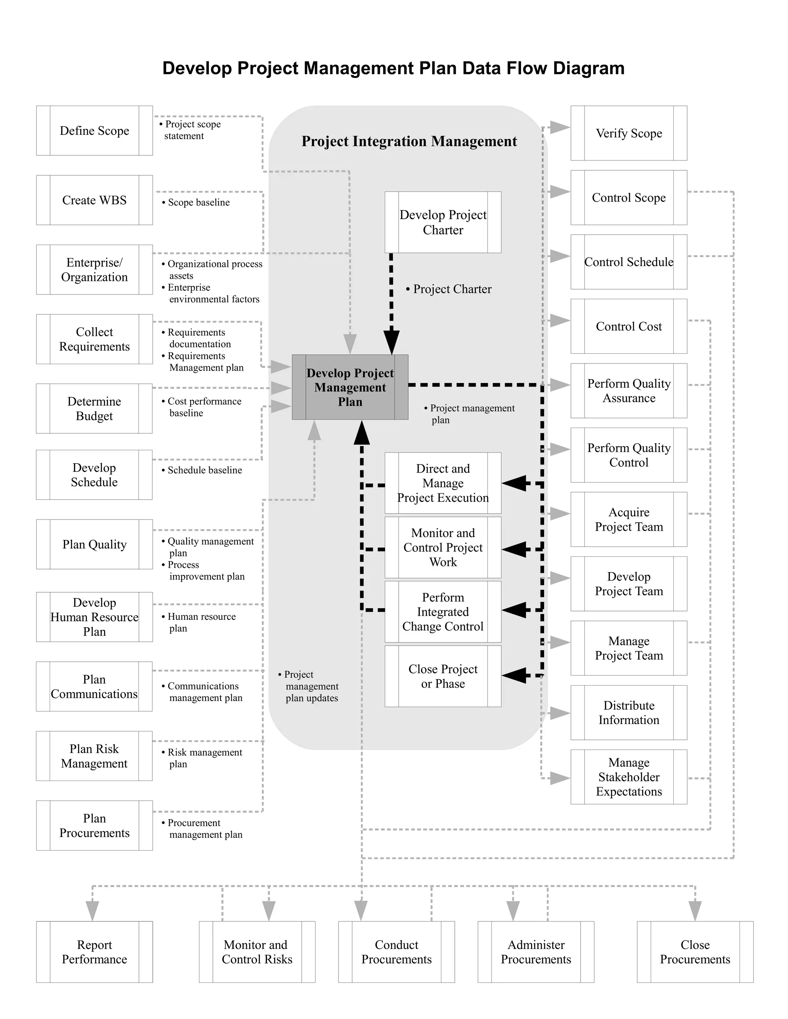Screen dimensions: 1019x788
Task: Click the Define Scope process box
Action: pyautogui.click(x=94, y=131)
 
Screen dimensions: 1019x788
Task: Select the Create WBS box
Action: pyautogui.click(x=94, y=200)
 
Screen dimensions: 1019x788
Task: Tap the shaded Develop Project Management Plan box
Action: pyautogui.click(x=350, y=387)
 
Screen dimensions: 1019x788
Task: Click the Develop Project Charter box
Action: pyautogui.click(x=442, y=223)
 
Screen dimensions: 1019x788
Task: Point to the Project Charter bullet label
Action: pyautogui.click(x=449, y=289)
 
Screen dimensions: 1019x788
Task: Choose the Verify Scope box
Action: pyautogui.click(x=628, y=133)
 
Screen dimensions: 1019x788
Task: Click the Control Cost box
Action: pyautogui.click(x=628, y=326)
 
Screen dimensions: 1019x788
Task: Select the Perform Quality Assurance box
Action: pyautogui.click(x=628, y=391)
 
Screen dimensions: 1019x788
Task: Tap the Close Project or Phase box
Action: pyautogui.click(x=442, y=676)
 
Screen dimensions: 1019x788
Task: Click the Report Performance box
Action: pyautogui.click(x=94, y=952)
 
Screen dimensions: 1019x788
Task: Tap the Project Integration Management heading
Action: pyautogui.click(x=409, y=142)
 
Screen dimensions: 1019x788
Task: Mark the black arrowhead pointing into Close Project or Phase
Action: pyautogui.click(x=514, y=675)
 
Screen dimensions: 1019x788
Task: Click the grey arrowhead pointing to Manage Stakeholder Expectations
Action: pyautogui.click(x=559, y=778)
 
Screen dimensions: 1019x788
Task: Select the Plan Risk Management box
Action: pyautogui.click(x=94, y=756)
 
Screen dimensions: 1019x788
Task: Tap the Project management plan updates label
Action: pyautogui.click(x=309, y=686)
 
